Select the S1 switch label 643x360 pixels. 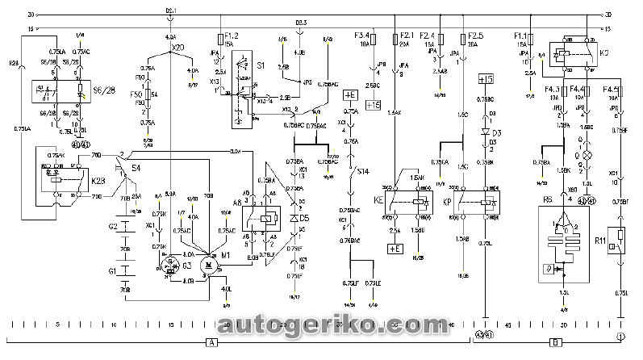click(x=261, y=63)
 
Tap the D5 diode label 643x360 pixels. click(x=303, y=218)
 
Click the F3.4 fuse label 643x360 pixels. click(x=362, y=36)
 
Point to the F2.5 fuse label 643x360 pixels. click(x=476, y=36)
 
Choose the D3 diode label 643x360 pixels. click(x=498, y=132)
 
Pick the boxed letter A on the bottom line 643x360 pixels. click(x=212, y=342)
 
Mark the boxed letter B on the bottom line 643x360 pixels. click(x=555, y=342)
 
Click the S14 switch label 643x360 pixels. click(x=363, y=172)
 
